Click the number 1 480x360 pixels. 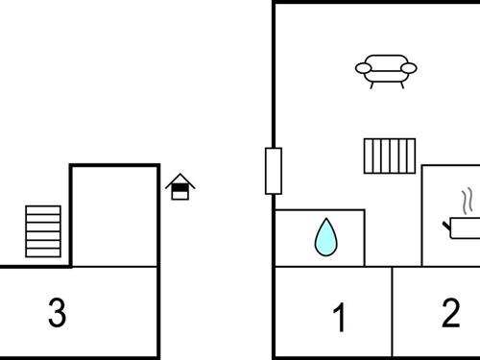coord(338,318)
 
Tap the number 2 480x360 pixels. coord(450,313)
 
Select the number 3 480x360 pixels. coord(58,313)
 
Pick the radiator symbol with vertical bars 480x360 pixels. coord(390,156)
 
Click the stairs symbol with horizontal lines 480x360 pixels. coord(43,230)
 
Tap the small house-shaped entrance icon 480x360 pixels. coord(180,187)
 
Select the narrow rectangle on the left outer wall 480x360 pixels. coord(274,171)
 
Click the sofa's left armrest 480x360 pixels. coord(364,68)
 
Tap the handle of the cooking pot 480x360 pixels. coord(447,226)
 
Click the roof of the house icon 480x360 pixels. coord(180,179)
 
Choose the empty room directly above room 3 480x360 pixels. coord(115,216)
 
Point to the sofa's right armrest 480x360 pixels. coord(409,68)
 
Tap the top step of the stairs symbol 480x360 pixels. coord(43,209)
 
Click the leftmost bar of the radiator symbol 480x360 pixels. coord(369,156)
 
